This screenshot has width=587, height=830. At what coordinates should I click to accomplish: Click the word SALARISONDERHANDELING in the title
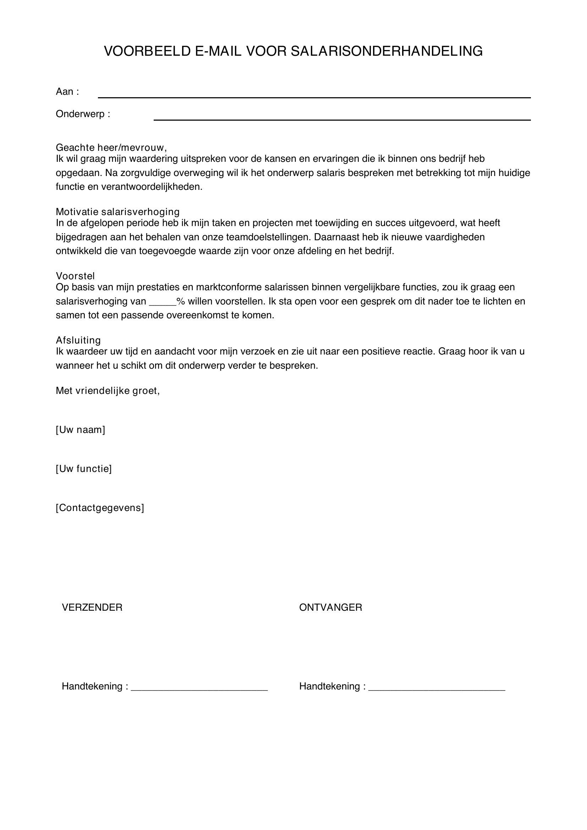click(x=386, y=51)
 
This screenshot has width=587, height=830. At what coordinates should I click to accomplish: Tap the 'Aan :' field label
click(x=67, y=92)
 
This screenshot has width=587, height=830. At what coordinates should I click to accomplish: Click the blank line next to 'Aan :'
click(x=314, y=97)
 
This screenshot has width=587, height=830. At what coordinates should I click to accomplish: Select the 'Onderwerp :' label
click(x=83, y=114)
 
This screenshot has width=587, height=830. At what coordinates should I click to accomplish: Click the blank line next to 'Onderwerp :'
click(x=342, y=119)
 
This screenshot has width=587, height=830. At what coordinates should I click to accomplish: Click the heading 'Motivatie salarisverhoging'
click(x=117, y=211)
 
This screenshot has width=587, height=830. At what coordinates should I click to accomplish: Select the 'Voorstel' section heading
click(x=75, y=276)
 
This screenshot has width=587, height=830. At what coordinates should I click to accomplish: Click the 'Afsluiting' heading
click(x=78, y=340)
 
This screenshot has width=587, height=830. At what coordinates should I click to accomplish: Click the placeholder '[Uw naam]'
click(x=80, y=430)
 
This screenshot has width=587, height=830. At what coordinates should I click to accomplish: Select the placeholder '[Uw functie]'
click(x=83, y=469)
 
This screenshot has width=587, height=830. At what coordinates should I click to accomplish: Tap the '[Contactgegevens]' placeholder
click(x=100, y=508)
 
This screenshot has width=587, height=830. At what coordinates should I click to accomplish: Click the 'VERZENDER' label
click(x=92, y=607)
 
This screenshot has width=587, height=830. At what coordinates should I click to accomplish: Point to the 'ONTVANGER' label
click(x=330, y=607)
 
